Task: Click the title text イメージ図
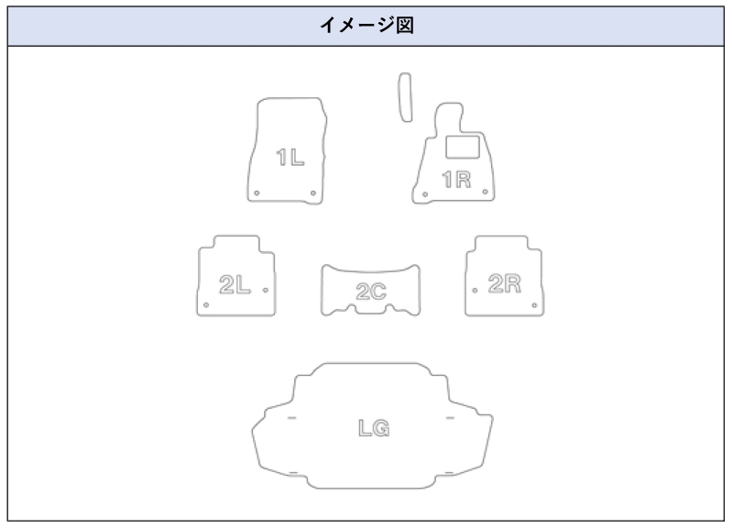pyautogui.click(x=366, y=24)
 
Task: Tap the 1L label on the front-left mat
pyautogui.click(x=290, y=157)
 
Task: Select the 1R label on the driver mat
pyautogui.click(x=456, y=180)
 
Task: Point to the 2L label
pyautogui.click(x=235, y=285)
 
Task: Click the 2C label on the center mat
pyautogui.click(x=371, y=291)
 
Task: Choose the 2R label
pyautogui.click(x=505, y=283)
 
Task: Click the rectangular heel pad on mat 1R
pyautogui.click(x=464, y=146)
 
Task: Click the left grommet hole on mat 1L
pyautogui.click(x=257, y=192)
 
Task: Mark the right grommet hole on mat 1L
pyautogui.click(x=314, y=192)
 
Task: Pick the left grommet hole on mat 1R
pyautogui.click(x=425, y=193)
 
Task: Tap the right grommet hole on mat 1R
pyautogui.click(x=484, y=193)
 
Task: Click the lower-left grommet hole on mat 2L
pyautogui.click(x=206, y=306)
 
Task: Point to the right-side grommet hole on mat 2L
pyautogui.click(x=266, y=289)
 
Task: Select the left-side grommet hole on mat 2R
pyautogui.click(x=475, y=289)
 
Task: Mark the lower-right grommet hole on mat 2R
pyautogui.click(x=534, y=306)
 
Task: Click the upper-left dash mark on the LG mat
pyautogui.click(x=291, y=418)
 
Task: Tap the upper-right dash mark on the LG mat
pyautogui.click(x=450, y=418)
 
